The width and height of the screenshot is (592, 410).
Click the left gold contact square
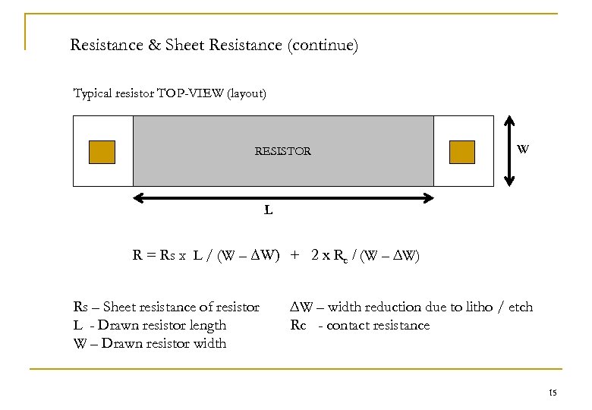click(x=102, y=152)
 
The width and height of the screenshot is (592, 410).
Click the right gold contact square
click(x=461, y=152)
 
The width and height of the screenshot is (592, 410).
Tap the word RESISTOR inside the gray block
click(x=282, y=151)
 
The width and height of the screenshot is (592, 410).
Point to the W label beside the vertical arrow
click(x=523, y=149)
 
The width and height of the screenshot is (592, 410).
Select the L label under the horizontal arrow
click(x=269, y=210)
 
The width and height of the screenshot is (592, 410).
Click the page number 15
click(x=552, y=393)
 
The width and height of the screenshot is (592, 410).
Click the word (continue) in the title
click(x=322, y=46)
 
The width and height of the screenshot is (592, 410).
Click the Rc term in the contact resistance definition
click(x=298, y=326)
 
